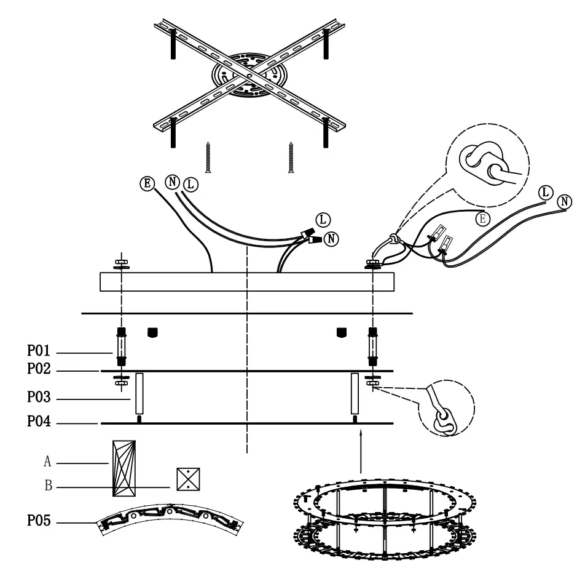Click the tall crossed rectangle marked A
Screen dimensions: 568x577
click(x=124, y=468)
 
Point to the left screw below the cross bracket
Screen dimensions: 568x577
click(x=208, y=157)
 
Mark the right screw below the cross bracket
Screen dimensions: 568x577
click(x=291, y=157)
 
